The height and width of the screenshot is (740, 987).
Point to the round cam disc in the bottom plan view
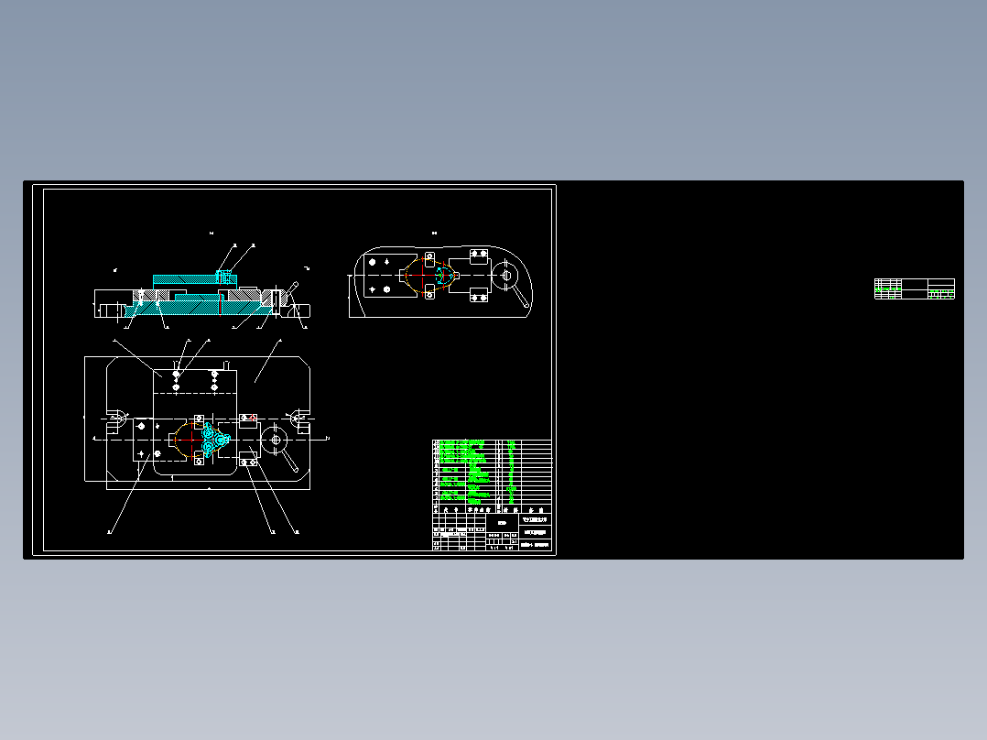point(275,440)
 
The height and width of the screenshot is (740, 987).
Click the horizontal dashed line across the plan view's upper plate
point(197,391)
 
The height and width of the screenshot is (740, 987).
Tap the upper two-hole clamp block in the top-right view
point(477,253)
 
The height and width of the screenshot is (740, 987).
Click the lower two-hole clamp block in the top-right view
point(477,295)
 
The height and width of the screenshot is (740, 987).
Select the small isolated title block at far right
point(914,288)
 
